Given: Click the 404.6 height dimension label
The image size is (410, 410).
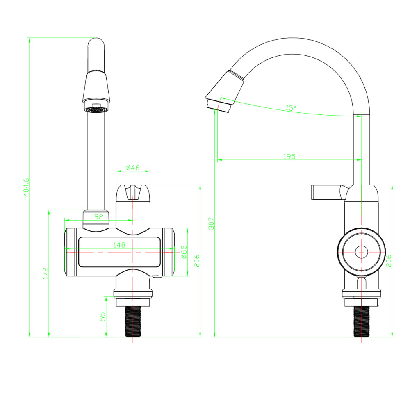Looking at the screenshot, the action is (26, 187).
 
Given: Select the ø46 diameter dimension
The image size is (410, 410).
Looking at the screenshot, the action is (133, 167).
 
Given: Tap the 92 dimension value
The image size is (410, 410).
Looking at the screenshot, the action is (99, 216).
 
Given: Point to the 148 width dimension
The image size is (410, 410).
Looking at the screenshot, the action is (119, 245).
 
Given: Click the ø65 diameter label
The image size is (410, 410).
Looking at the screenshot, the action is (184, 252).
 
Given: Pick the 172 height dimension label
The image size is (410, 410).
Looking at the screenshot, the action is (46, 273).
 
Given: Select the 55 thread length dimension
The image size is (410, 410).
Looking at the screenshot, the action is (103, 317).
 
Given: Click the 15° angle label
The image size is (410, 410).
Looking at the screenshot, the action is (291, 108).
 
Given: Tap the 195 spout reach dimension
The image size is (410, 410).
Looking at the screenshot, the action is (289, 156).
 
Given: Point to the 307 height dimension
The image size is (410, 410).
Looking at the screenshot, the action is (211, 223).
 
